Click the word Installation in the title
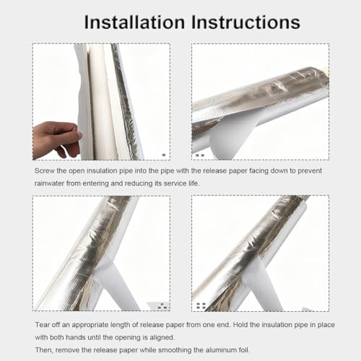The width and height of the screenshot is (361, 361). coord(134,22)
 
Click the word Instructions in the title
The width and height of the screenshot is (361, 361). coord(245,22)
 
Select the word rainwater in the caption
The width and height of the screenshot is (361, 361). coord(49,183)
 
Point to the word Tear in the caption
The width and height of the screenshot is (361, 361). coord(43,325)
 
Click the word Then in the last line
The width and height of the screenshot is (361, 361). coord(43,350)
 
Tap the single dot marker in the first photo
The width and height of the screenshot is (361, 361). coord(164,155)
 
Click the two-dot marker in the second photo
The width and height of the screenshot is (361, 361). coord(200,155)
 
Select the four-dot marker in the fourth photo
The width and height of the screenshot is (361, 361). coord(201,306)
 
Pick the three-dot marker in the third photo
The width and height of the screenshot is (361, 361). coord(162,306)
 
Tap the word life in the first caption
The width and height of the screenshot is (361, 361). coord(193,183)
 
